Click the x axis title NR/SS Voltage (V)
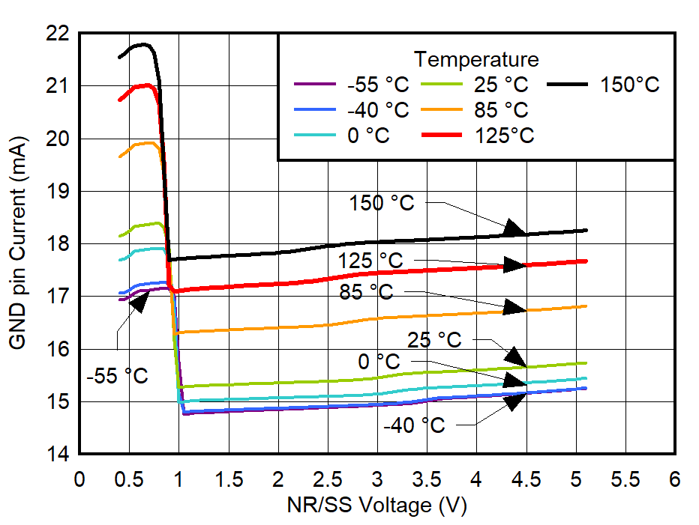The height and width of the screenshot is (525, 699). [376, 506]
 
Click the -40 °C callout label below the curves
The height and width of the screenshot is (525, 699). [414, 425]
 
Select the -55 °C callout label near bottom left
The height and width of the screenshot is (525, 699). [117, 376]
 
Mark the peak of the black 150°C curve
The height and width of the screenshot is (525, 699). [142, 44]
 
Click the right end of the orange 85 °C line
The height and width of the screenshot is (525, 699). [585, 306]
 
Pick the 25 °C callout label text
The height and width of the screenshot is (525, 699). [434, 339]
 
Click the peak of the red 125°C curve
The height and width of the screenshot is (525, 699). [147, 85]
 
